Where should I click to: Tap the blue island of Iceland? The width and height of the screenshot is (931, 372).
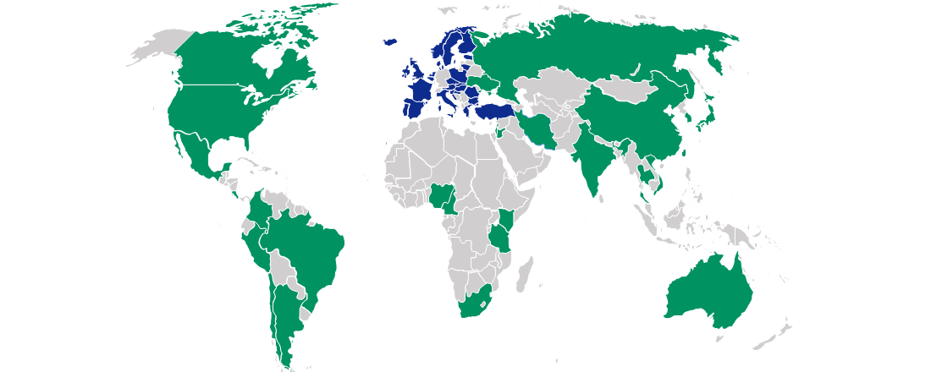[x=390, y=41]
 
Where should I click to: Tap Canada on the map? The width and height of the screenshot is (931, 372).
[x=229, y=59]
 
